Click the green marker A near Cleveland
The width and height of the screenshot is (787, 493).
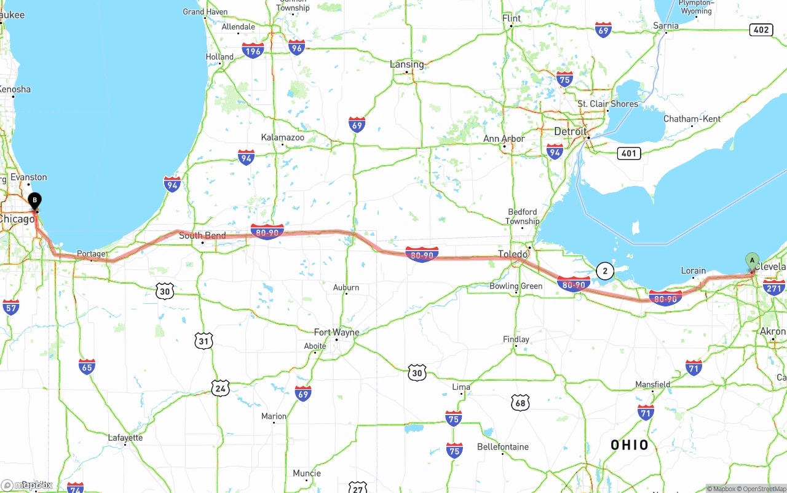(752, 260)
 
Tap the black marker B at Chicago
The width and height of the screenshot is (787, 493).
(35, 200)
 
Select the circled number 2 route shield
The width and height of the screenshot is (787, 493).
(605, 271)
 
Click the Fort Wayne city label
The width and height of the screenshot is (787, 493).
(336, 332)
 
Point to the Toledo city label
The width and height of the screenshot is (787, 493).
(513, 254)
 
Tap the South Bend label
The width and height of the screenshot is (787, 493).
(202, 236)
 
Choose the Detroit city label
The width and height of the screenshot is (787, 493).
(571, 132)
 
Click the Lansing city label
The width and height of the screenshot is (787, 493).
(406, 64)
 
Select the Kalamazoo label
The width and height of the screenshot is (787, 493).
(282, 138)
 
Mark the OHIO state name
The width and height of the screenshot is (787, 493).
(630, 445)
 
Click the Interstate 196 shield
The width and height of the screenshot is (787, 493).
(253, 50)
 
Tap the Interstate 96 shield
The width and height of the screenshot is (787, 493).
(297, 47)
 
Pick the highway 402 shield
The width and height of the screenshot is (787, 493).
(761, 29)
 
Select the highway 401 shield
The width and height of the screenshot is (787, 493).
(628, 153)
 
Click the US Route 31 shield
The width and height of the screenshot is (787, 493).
(204, 341)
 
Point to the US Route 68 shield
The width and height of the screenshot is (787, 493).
(520, 403)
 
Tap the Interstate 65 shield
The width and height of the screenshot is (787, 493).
(87, 367)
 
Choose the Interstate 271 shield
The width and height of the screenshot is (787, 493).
(773, 287)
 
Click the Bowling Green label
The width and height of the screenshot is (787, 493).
(516, 286)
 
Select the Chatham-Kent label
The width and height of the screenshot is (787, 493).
(692, 118)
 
